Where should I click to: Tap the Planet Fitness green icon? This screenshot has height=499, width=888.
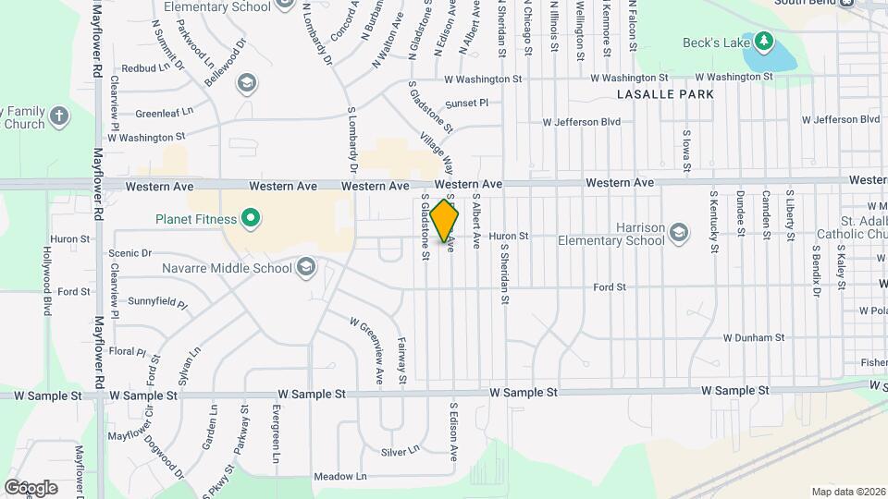tap(250, 219)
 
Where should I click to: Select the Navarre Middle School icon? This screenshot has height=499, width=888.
tap(306, 269)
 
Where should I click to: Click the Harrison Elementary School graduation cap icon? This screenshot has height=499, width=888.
tap(679, 232)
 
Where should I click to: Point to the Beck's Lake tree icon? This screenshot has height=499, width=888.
tap(763, 42)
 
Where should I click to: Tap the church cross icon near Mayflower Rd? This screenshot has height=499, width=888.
tap(59, 116)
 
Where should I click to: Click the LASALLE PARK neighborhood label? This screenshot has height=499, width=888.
tap(665, 94)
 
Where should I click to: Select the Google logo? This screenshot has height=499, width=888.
tap(30, 487)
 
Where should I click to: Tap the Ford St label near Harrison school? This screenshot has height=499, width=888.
tap(610, 287)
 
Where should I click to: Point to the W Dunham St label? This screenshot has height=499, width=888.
tap(754, 338)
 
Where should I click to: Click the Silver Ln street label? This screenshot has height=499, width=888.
tap(400, 451)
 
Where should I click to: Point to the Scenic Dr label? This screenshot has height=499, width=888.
tap(129, 253)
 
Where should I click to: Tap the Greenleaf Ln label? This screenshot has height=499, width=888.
tap(164, 113)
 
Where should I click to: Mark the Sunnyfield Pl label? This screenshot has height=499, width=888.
tap(157, 302)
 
